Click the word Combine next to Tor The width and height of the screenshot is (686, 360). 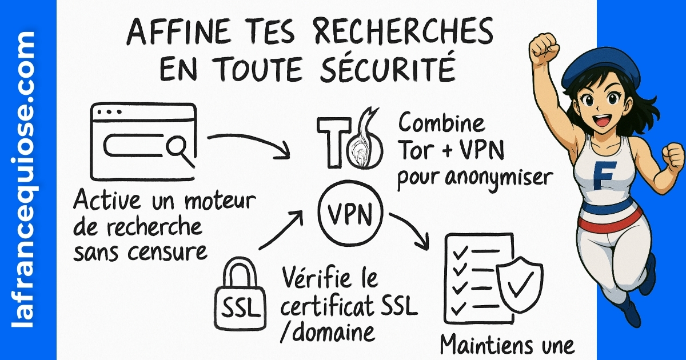click(441, 123)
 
